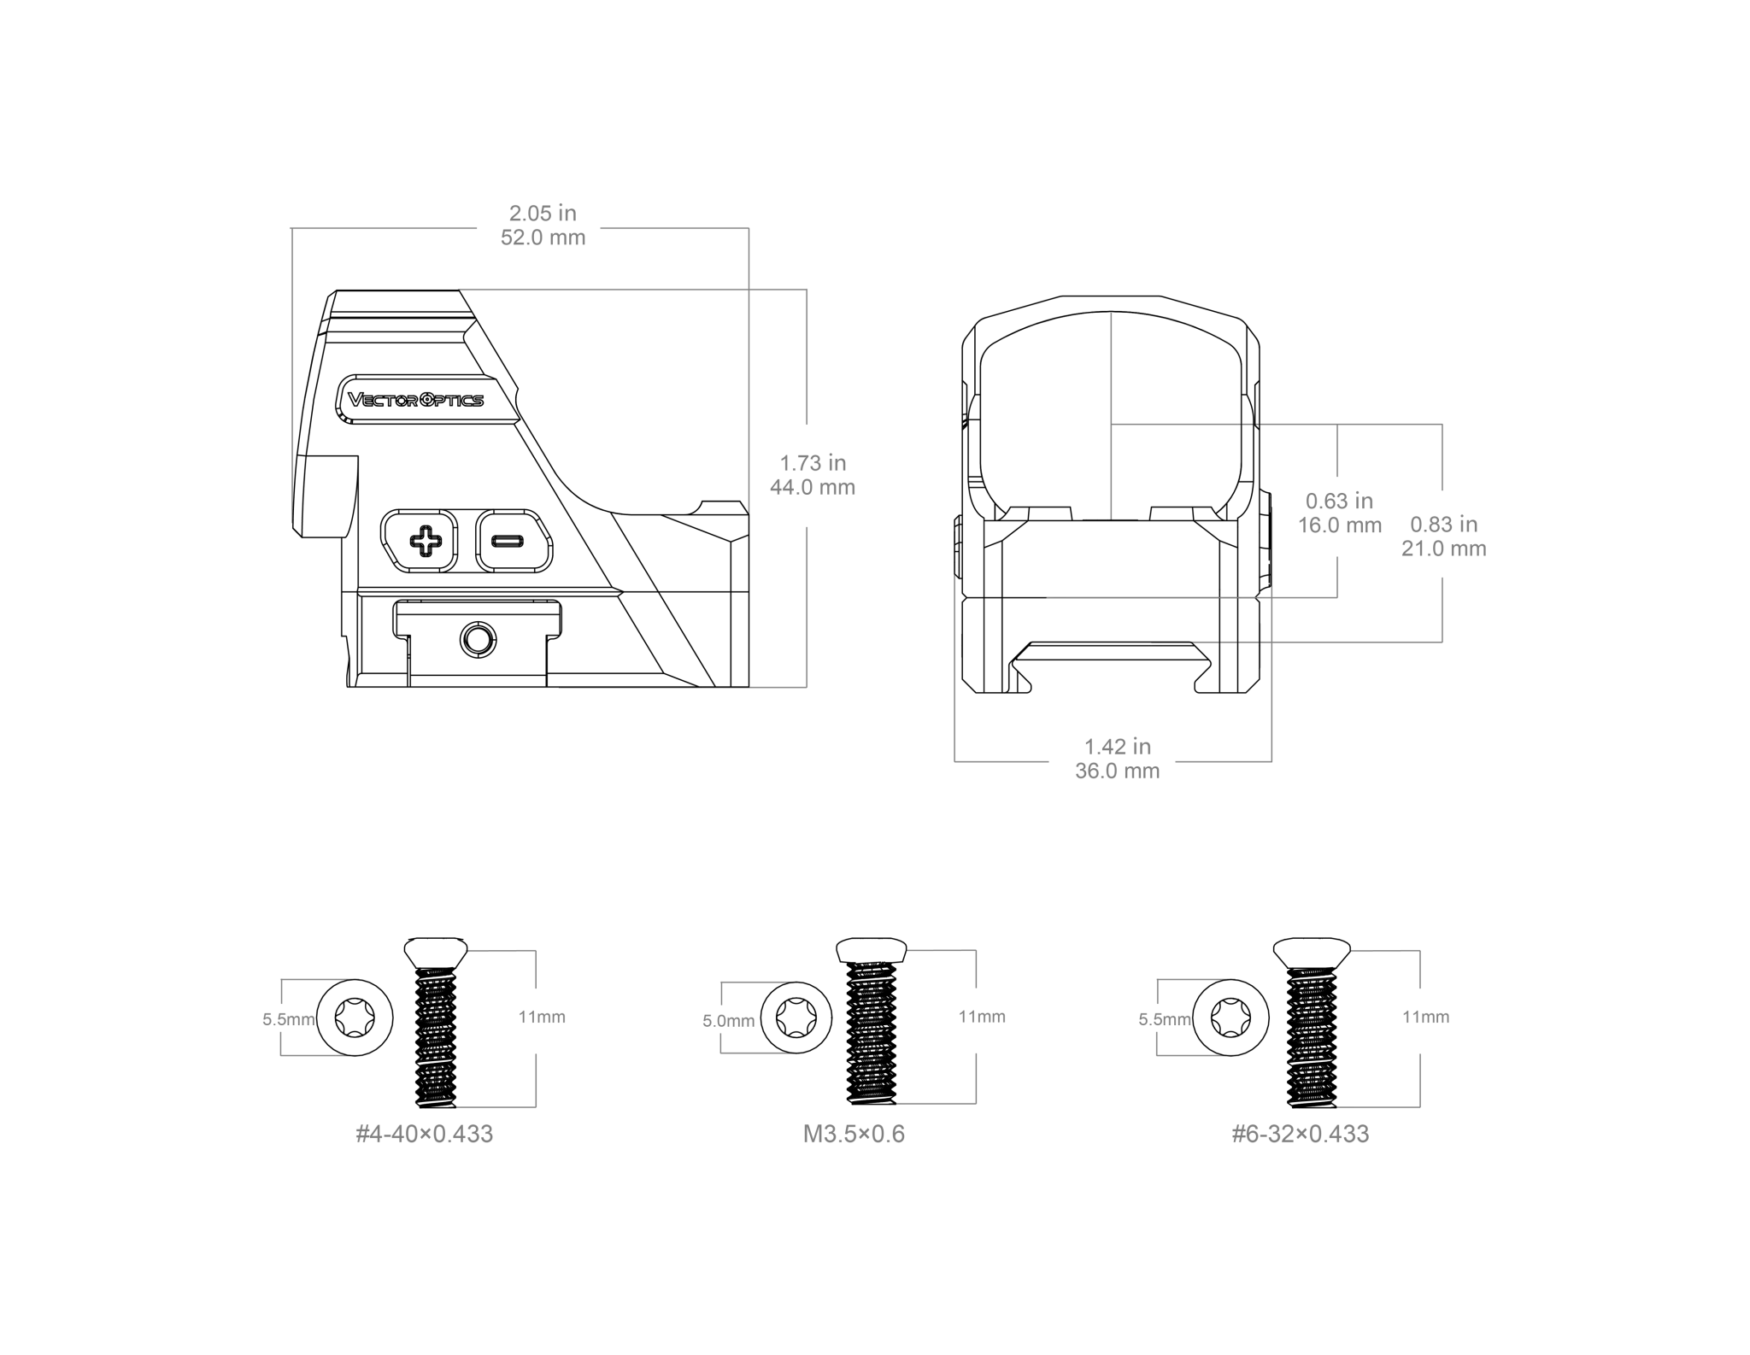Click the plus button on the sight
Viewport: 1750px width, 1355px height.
pos(420,541)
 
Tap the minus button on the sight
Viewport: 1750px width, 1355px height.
pos(514,541)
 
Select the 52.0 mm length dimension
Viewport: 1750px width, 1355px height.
pos(543,238)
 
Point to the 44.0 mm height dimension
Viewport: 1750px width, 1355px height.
pos(813,487)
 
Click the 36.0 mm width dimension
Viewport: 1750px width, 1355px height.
pos(1118,771)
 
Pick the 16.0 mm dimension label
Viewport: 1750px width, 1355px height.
pos(1340,525)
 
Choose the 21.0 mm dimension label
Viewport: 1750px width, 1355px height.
pos(1444,548)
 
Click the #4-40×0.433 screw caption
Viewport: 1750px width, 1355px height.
pos(425,1134)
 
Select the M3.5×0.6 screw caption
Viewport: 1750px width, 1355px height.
pos(854,1134)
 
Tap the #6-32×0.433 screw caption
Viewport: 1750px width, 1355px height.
pos(1301,1134)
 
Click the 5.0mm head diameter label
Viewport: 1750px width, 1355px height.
pos(729,1021)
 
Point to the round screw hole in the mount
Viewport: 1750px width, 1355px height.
pos(478,638)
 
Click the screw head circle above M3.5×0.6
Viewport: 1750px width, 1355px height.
pos(795,1018)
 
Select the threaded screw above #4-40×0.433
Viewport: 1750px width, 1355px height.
pos(436,1022)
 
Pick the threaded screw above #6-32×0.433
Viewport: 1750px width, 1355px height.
pos(1312,1022)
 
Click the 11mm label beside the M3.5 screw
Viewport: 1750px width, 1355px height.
pos(982,1017)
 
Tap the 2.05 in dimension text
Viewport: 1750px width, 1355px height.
pos(543,213)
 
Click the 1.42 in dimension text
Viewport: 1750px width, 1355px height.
pos(1118,747)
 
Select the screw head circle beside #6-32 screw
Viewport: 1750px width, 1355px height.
pos(1230,1018)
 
